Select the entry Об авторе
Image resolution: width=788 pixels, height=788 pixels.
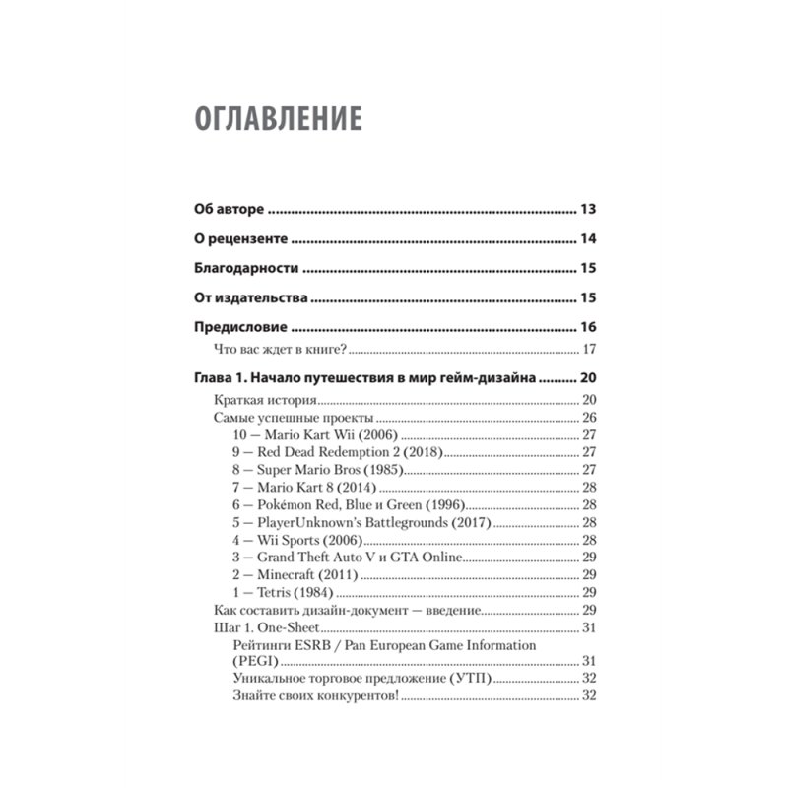pyautogui.click(x=229, y=210)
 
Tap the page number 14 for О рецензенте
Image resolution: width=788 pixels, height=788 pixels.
pyautogui.click(x=590, y=239)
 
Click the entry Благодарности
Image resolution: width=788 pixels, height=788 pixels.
pyautogui.click(x=244, y=269)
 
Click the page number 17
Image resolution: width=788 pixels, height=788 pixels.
pyautogui.click(x=591, y=350)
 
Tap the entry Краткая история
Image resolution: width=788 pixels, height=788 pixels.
pyautogui.click(x=265, y=400)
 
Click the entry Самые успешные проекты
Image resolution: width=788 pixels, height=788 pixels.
pyautogui.click(x=291, y=418)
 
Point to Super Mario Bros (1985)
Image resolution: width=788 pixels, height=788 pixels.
pyautogui.click(x=317, y=470)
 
